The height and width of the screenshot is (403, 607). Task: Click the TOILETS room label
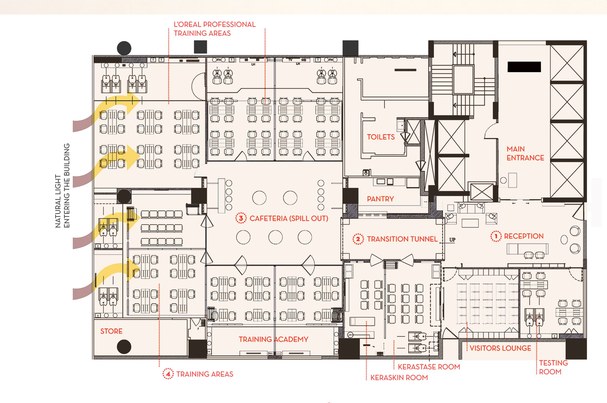381,137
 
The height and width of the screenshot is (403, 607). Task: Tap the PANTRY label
380,199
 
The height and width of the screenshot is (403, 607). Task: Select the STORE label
111,331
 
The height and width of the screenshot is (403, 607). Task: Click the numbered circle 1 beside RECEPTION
496,236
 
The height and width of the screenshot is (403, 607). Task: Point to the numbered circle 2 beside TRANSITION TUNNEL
358,239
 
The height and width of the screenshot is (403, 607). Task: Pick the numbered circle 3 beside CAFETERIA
241,218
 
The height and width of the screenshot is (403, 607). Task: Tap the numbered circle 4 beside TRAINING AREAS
168,374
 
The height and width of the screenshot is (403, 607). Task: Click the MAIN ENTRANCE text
525,153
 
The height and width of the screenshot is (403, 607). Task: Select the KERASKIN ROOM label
399,377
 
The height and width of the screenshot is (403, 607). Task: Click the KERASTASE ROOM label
429,367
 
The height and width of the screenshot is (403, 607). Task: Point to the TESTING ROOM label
553,367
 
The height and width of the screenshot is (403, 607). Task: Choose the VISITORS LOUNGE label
500,348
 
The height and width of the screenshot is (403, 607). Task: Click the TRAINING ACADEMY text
273,339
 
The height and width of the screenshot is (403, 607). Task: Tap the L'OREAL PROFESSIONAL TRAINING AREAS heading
215,29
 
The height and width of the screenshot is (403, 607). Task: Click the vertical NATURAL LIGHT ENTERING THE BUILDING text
62,186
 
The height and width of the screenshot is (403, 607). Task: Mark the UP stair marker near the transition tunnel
452,240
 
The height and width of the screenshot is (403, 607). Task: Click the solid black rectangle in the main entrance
524,67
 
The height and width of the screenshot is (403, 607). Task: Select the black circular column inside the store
124,347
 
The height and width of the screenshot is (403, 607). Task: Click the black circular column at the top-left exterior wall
124,48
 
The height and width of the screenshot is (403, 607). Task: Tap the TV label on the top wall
290,60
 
